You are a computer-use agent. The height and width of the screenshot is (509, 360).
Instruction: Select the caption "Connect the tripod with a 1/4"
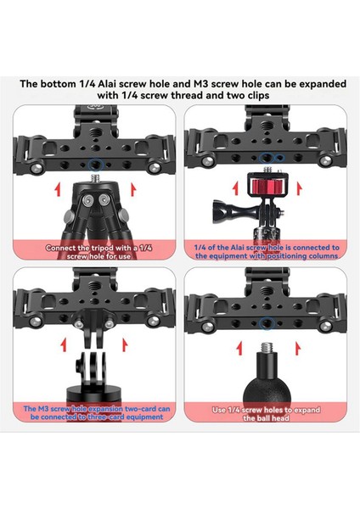point(89,247)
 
